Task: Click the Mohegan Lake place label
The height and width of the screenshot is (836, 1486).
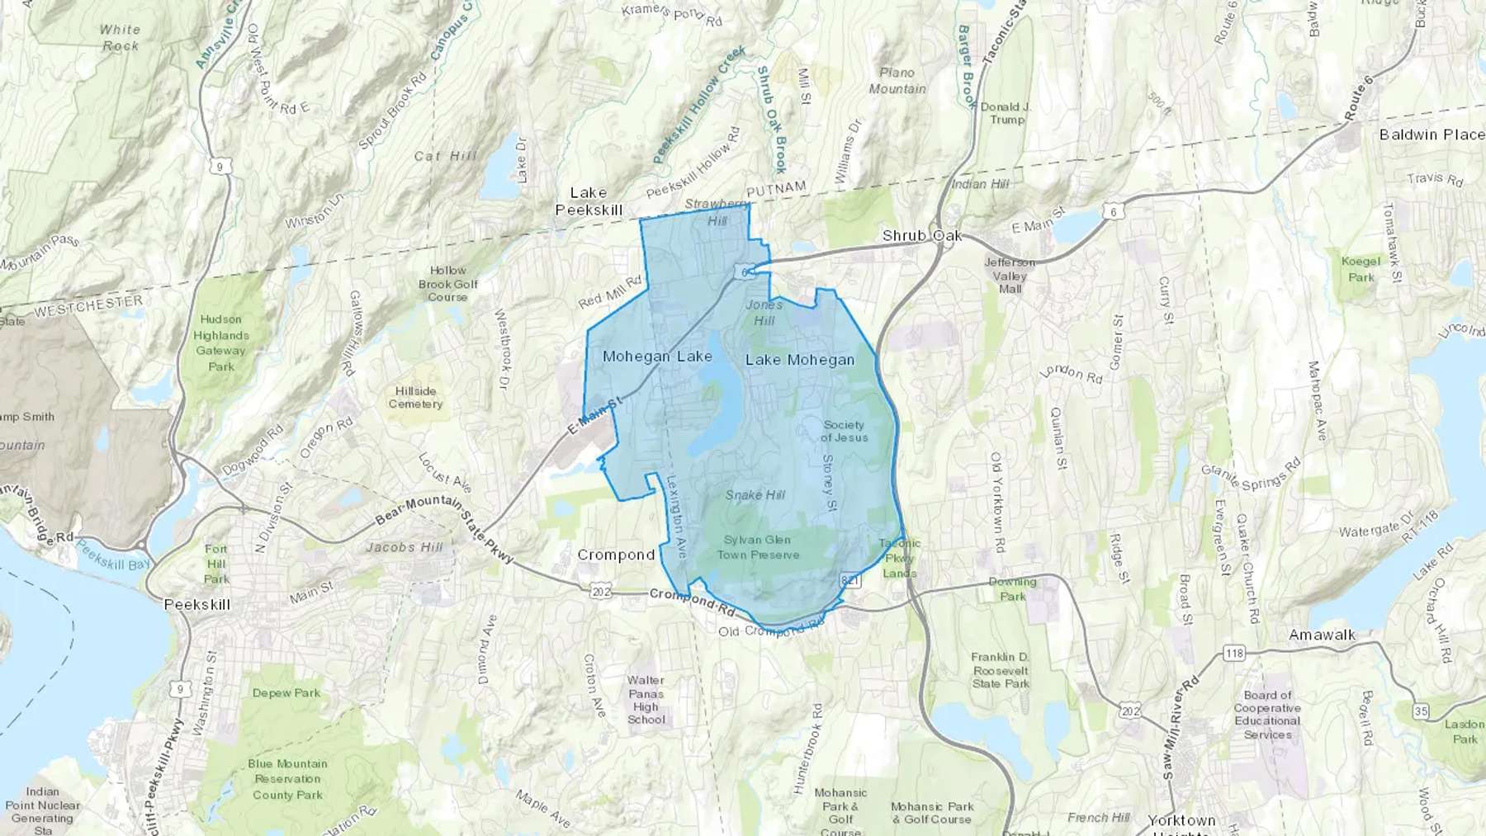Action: [x=657, y=357]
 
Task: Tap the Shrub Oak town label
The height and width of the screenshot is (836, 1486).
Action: [x=921, y=236]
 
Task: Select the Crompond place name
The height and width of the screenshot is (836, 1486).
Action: [x=616, y=555]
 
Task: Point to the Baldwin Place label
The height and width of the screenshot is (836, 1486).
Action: [x=1432, y=135]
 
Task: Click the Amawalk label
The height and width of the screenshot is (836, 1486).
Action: [x=1323, y=635]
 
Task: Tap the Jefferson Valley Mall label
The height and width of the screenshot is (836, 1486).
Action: [x=1010, y=276]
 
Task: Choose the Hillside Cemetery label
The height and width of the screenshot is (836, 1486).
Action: [x=415, y=397]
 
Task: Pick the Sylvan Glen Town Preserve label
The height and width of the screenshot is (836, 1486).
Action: [x=758, y=547]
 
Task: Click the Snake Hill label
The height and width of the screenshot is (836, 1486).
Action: [x=755, y=495]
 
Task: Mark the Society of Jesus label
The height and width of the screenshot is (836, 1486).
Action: [x=844, y=431]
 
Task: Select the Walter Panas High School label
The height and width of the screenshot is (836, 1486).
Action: [x=646, y=700]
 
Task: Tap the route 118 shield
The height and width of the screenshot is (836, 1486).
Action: [x=1234, y=654]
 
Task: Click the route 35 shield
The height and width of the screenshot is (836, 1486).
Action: [x=1420, y=711]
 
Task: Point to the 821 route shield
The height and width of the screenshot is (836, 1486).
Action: [x=850, y=581]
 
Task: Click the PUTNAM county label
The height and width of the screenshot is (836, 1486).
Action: [x=776, y=189]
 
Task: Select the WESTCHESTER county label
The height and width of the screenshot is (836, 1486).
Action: [x=88, y=306]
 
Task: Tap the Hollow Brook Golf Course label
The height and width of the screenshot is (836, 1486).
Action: [x=447, y=283]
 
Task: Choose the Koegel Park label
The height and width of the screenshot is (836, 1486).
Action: [x=1361, y=269]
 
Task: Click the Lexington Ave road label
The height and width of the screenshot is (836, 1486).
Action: [x=677, y=517]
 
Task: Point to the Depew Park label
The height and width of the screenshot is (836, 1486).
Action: [x=286, y=693]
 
